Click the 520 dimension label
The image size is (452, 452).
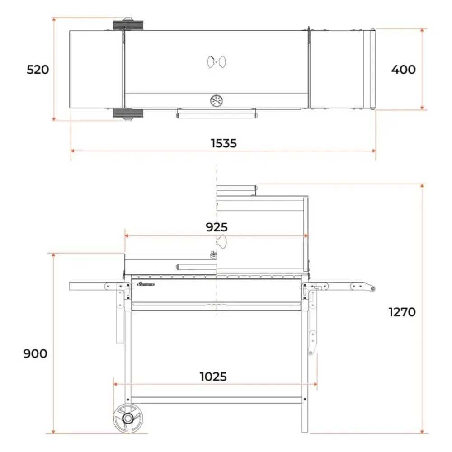(x=38, y=70)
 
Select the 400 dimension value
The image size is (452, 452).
(x=403, y=70)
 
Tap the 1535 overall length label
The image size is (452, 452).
(x=224, y=143)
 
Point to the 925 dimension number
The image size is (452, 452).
(x=217, y=227)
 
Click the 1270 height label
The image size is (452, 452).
(x=402, y=312)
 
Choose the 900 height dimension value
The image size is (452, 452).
(x=35, y=353)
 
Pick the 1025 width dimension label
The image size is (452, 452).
(x=213, y=377)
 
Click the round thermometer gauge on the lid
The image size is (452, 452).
(x=217, y=101)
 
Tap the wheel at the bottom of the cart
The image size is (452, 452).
(x=128, y=418)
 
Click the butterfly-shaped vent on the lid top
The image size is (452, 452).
(x=217, y=61)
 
